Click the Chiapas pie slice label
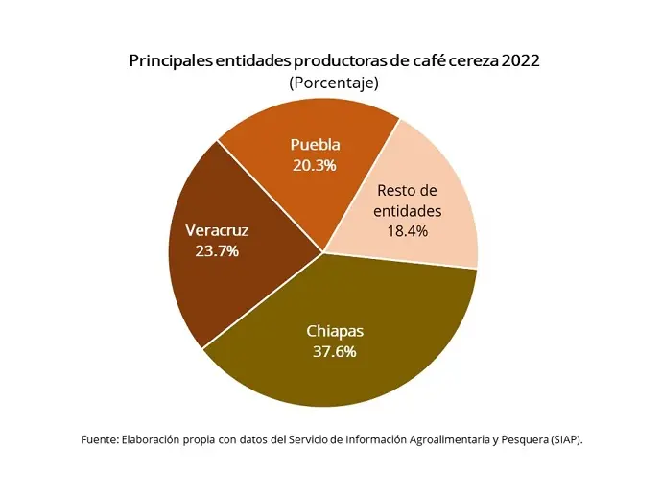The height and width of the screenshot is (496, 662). [335, 331]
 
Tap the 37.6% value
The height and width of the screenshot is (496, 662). [335, 351]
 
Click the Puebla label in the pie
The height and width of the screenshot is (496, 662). [315, 145]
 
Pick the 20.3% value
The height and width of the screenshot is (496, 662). [315, 165]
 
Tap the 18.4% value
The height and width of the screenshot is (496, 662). [409, 230]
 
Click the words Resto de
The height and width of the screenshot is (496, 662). [409, 190]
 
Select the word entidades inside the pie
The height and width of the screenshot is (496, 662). [409, 210]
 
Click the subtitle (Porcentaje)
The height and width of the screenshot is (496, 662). [334, 83]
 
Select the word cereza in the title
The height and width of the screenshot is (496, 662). [465, 60]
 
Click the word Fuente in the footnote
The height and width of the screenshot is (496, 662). [98, 439]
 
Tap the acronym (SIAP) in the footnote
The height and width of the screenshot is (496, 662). [565, 439]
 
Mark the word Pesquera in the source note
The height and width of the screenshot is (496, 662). [518, 439]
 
